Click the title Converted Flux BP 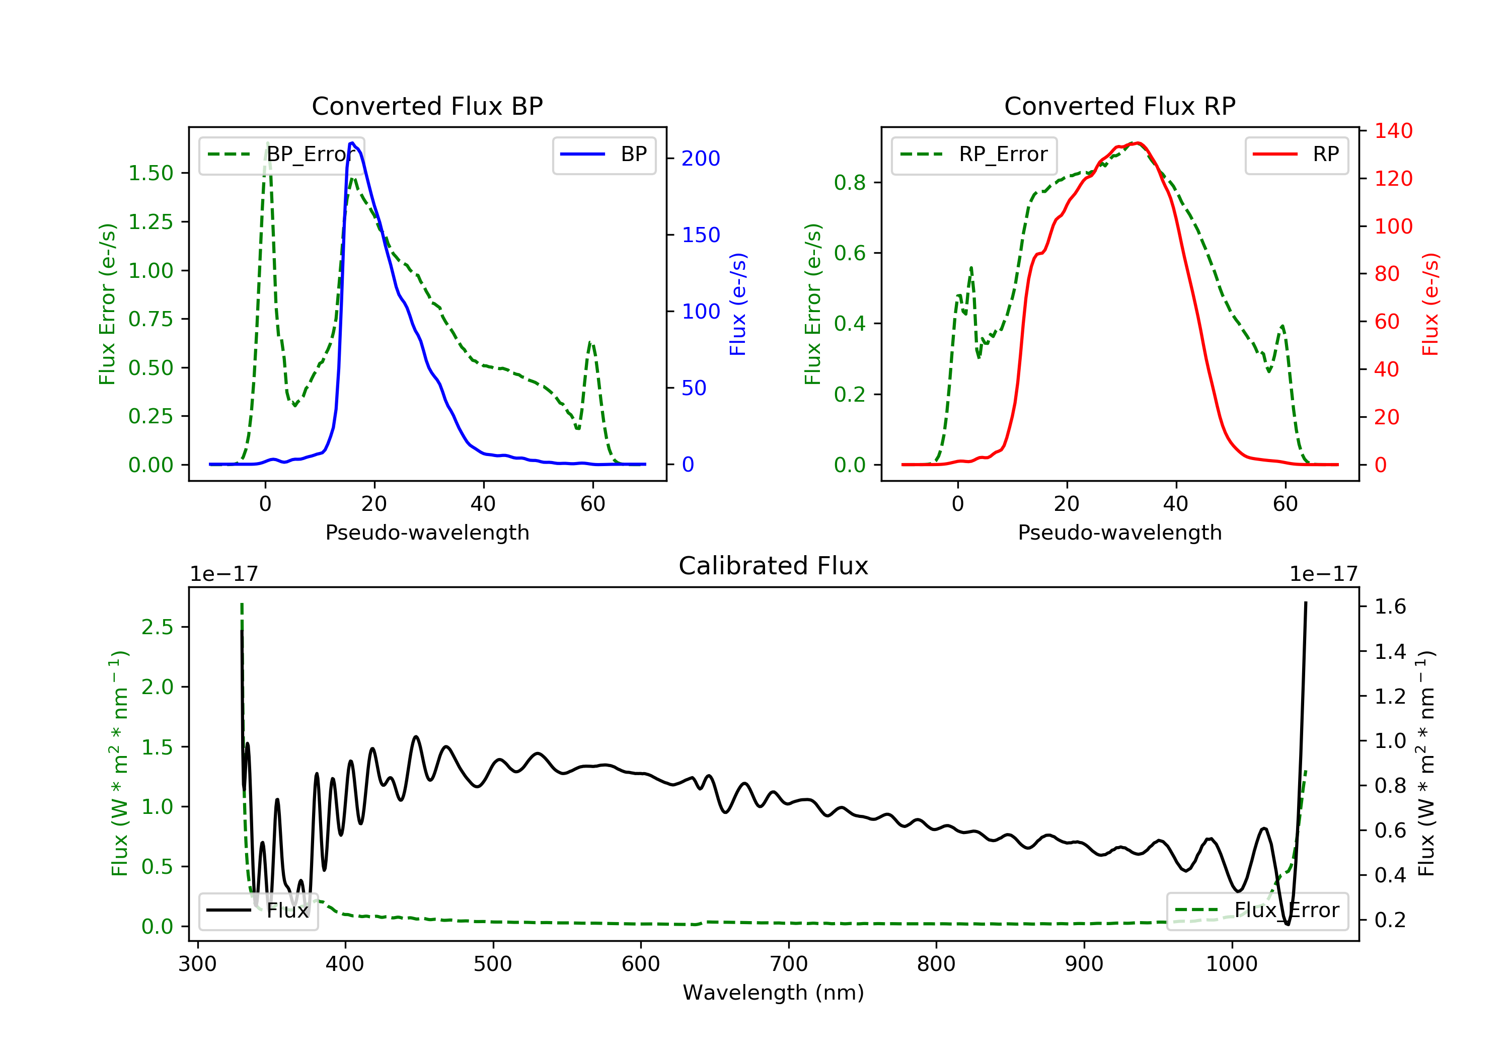pos(427,106)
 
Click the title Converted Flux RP pos(1119,106)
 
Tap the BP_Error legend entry pos(281,155)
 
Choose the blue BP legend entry pos(603,155)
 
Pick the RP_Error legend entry pos(974,155)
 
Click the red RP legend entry pos(1296,155)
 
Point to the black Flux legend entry pos(259,911)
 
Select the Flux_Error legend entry pos(1257,911)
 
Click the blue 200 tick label pos(701,159)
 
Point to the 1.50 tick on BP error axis pos(150,173)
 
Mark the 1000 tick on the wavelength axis pos(1231,964)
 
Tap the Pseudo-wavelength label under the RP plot pos(1119,532)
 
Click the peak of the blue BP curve pos(352,143)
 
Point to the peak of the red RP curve pos(1138,143)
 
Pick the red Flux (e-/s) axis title pos(1430,305)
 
